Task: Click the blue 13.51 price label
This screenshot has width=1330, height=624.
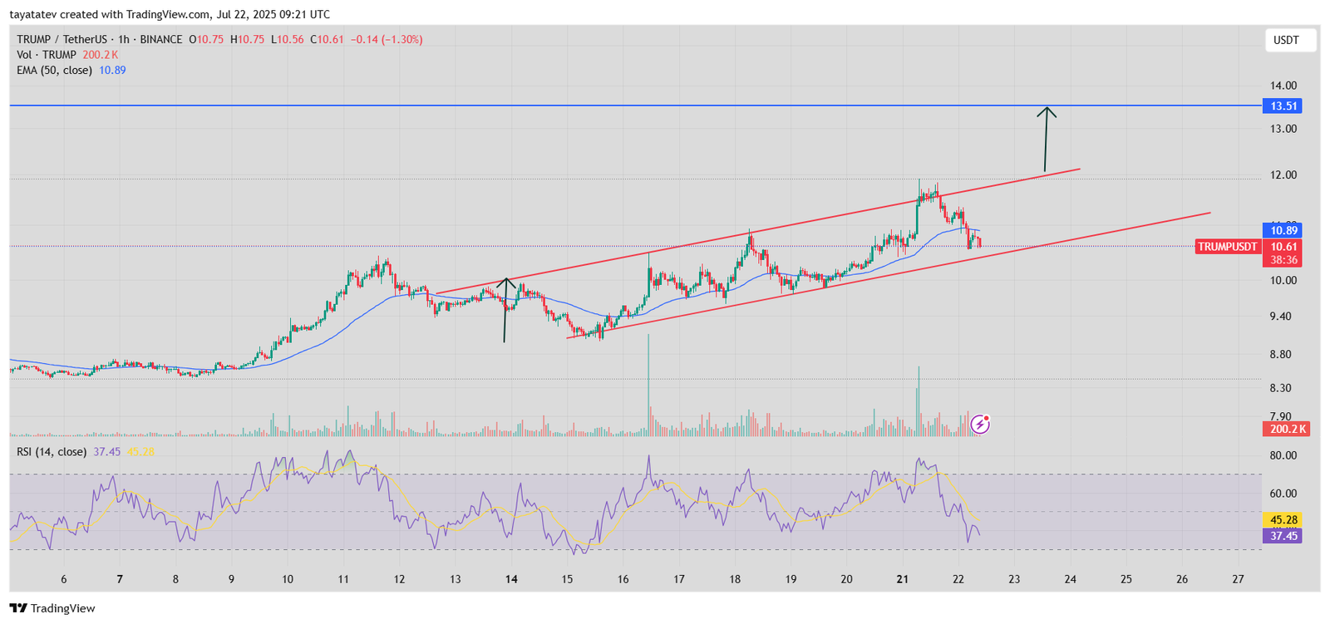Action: pyautogui.click(x=1283, y=106)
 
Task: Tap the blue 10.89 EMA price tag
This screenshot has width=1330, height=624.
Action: pyautogui.click(x=1283, y=230)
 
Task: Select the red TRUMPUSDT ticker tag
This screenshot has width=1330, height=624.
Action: pyautogui.click(x=1228, y=247)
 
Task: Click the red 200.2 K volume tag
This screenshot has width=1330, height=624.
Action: pyautogui.click(x=1286, y=429)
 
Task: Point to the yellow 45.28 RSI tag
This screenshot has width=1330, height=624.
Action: pyautogui.click(x=1283, y=520)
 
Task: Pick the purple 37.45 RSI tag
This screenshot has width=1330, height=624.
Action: pyautogui.click(x=1283, y=536)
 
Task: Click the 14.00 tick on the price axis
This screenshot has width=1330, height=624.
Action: pyautogui.click(x=1283, y=86)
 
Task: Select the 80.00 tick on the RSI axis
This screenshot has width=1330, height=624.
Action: pyautogui.click(x=1283, y=455)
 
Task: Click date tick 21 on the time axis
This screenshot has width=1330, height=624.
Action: pyautogui.click(x=903, y=579)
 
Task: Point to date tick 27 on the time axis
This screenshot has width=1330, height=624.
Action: pyautogui.click(x=1238, y=579)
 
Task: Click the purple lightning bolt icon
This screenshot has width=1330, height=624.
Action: pyautogui.click(x=980, y=425)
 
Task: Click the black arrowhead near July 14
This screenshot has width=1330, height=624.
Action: pyautogui.click(x=506, y=283)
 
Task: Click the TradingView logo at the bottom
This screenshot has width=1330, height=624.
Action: pyautogui.click(x=52, y=608)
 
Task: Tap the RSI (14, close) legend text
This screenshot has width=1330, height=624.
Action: pyautogui.click(x=52, y=451)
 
